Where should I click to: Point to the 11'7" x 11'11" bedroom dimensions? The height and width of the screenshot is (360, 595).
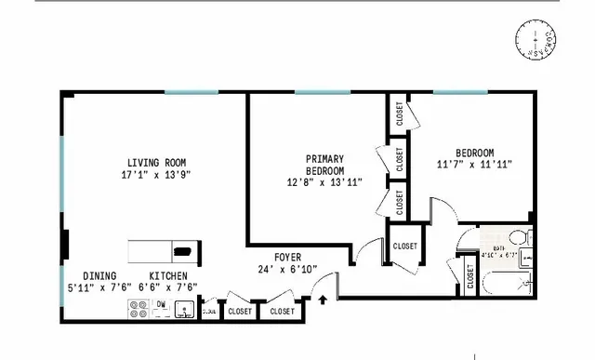point(474,165)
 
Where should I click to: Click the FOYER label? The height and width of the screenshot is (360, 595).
point(287,258)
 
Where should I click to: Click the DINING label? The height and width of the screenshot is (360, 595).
point(99,276)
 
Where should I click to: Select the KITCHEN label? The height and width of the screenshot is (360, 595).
point(169,276)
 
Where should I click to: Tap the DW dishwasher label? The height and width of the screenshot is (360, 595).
point(161,304)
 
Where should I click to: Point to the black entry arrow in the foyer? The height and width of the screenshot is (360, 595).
point(323,300)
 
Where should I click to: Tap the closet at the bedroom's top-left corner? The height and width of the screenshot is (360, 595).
point(399,113)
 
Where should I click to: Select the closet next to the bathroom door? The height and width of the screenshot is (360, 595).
point(469,276)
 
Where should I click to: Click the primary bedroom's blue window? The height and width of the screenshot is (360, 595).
point(322,91)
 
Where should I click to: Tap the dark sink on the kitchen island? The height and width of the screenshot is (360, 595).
point(184,249)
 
